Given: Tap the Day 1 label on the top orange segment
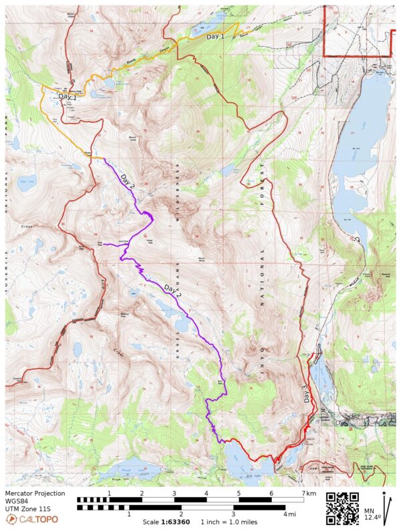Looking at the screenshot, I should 215,36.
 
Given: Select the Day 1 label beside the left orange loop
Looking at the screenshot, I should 68,97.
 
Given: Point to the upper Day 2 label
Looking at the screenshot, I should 128,179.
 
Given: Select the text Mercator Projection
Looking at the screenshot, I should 35,494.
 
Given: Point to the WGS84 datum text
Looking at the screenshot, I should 18,502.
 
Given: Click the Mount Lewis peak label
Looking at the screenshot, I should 134,138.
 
